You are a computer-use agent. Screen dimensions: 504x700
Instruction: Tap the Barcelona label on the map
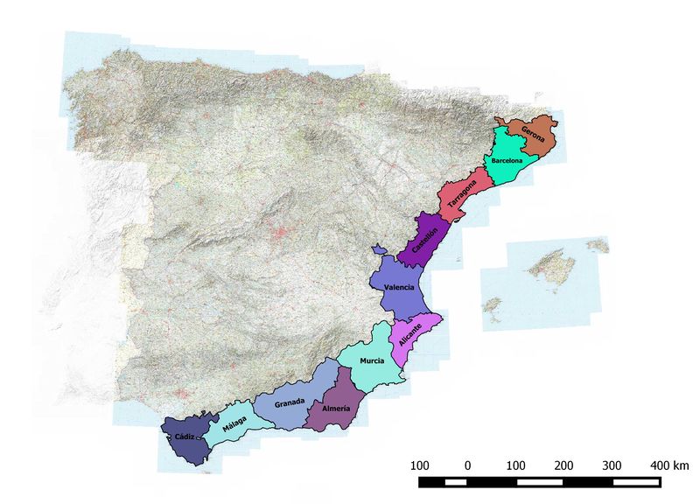coord(507,162)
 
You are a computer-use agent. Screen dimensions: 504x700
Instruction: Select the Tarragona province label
coord(463,199)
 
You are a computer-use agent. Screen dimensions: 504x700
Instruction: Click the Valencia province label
coord(399,287)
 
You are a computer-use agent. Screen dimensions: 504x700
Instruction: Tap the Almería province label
coord(336,408)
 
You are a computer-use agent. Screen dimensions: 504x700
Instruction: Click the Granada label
coord(290,402)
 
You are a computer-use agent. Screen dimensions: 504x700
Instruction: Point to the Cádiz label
coord(185,435)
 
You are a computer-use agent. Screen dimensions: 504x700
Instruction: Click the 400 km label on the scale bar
coord(669,464)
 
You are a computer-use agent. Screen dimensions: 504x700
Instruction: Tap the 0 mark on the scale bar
coord(467,464)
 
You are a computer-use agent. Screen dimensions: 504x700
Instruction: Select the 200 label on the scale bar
coord(563,464)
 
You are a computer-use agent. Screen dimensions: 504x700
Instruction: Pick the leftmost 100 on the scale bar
coord(419,464)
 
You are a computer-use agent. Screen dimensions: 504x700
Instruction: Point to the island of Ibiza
coord(493,304)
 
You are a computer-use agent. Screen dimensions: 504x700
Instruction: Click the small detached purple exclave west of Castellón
coord(379,250)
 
